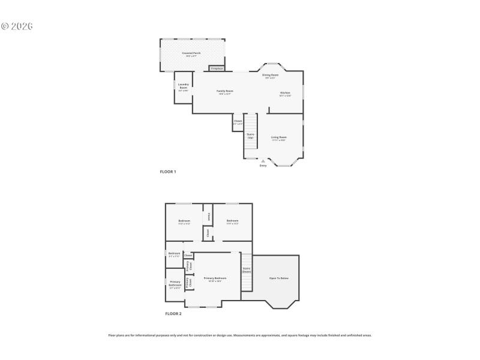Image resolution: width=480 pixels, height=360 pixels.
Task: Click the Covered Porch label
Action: [191, 53]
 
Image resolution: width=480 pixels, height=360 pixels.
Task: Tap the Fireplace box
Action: [217, 68]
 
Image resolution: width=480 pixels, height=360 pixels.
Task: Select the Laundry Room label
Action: [183, 86]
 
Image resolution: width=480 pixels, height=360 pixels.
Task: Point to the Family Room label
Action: [225, 91]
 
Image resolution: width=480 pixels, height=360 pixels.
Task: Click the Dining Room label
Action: [271, 75]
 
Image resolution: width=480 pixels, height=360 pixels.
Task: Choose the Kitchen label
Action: [285, 92]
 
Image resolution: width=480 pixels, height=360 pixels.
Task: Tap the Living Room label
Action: [278, 137]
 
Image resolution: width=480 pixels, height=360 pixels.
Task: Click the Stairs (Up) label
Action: [250, 136]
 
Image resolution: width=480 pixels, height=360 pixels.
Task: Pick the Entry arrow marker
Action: [263, 161]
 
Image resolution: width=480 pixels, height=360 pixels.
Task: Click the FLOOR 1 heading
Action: [167, 172]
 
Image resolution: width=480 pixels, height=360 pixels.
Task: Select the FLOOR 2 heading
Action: [173, 313]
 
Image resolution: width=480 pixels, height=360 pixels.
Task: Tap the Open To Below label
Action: [278, 278]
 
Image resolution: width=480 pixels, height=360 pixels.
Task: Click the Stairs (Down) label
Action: [246, 270]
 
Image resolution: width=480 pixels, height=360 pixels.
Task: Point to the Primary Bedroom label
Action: [215, 278]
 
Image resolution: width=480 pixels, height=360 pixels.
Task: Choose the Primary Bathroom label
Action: [175, 283]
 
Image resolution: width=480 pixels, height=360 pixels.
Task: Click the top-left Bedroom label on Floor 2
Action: [184, 221]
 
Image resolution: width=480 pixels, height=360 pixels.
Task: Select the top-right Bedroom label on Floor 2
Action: [232, 221]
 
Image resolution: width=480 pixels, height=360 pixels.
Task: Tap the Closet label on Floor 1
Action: [238, 121]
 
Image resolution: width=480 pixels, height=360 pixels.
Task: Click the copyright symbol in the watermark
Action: [5, 26]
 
